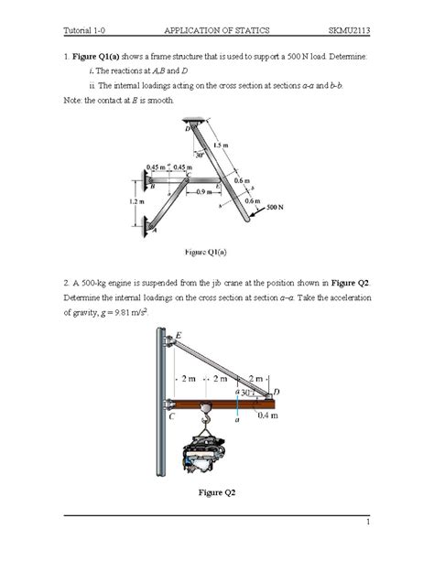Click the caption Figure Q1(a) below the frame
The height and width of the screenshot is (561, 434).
click(x=206, y=250)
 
